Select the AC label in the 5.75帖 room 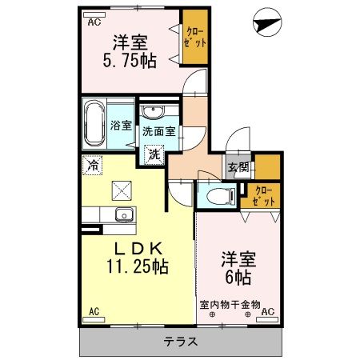click(94, 22)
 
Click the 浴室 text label click(122, 126)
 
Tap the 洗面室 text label click(158, 130)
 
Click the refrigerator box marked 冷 click(94, 167)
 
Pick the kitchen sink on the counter click(123, 214)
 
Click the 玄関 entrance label click(237, 168)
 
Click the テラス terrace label click(181, 341)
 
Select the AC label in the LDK click(94, 311)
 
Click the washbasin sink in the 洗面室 click(152, 112)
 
